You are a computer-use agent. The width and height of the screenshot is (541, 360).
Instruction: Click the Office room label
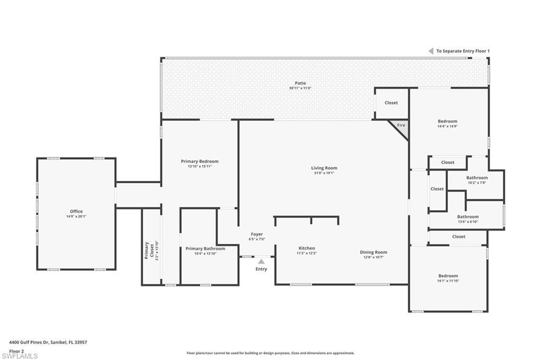tap(76, 211)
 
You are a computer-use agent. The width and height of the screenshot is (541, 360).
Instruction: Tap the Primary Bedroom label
tap(199, 161)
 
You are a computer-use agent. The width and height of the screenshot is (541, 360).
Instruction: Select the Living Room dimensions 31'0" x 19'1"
tap(324, 173)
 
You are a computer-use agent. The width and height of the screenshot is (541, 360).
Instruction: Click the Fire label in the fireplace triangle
tap(401, 126)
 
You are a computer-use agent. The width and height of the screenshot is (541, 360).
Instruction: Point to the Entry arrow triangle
tap(261, 261)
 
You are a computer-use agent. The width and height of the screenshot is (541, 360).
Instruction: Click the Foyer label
tap(257, 234)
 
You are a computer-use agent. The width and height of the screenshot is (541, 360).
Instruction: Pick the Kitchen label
tap(306, 248)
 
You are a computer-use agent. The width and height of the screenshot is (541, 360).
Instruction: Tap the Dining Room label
tap(374, 252)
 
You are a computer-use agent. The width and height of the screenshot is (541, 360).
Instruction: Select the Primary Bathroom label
tap(205, 249)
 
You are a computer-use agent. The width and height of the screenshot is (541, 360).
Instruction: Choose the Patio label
tap(300, 83)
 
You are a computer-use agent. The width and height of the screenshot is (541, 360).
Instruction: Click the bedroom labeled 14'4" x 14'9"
tap(447, 121)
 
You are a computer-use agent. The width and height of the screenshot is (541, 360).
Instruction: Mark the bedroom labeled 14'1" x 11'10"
tap(447, 276)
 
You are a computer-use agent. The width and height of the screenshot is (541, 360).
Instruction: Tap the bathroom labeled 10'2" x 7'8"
tap(477, 178)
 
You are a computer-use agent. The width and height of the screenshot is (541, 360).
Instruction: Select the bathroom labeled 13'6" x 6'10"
tap(468, 216)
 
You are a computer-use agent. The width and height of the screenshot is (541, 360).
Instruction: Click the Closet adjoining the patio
tap(391, 102)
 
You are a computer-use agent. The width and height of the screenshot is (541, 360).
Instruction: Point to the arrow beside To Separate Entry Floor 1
tap(431, 51)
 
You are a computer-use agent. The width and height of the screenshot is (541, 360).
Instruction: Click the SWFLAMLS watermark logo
tap(20, 356)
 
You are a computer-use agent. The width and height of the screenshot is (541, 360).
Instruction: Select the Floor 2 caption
tap(16, 350)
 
